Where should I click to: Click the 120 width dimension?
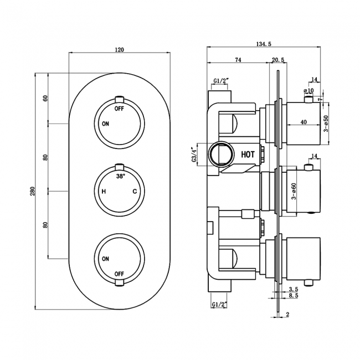[119, 50]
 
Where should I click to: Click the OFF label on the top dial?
[119, 109]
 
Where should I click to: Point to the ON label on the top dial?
[105, 124]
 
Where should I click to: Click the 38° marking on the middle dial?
[120, 176]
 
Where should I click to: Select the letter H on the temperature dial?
[104, 192]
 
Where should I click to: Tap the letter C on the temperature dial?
[135, 192]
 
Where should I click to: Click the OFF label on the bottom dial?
[119, 274]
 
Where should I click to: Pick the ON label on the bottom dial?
[105, 259]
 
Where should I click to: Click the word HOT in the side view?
[248, 155]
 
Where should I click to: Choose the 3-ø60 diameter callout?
[294, 191]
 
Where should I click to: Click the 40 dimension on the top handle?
[303, 122]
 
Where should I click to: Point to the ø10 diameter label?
[309, 90]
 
